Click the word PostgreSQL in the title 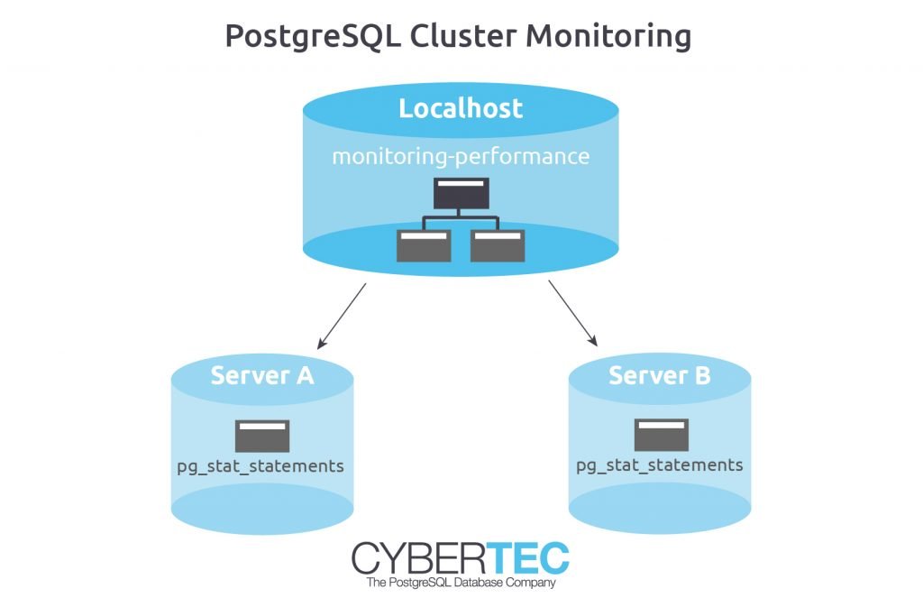[313, 36]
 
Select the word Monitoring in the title [608, 36]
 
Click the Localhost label [461, 108]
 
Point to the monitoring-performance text [461, 157]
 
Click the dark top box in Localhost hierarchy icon [461, 194]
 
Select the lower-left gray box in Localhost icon [424, 245]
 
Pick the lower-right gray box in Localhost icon [498, 245]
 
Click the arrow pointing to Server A [342, 317]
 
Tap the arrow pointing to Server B [572, 313]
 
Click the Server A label [262, 376]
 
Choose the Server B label [660, 376]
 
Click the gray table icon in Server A [262, 436]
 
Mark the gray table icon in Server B [661, 435]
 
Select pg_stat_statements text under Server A [260, 466]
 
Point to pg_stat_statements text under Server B [660, 465]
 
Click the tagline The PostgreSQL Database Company [461, 583]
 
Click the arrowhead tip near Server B [598, 346]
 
